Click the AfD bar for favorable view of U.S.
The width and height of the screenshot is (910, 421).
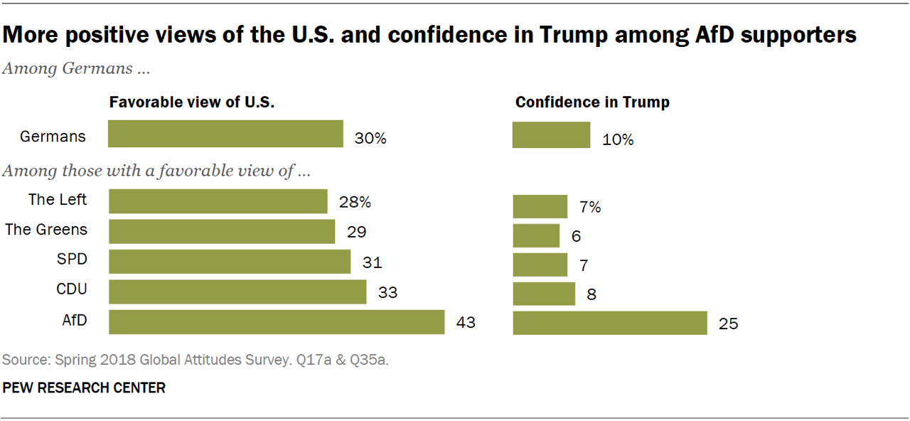pos(277,322)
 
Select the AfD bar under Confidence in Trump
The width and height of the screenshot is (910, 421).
pos(610,322)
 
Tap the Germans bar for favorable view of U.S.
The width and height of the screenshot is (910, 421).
pos(225,134)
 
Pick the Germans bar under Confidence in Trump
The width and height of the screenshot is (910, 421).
pos(551,134)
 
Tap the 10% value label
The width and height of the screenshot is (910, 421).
pos(617,139)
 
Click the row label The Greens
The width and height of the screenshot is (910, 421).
pos(46,229)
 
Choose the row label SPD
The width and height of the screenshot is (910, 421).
pos(72,260)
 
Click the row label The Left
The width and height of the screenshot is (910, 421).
pos(58,199)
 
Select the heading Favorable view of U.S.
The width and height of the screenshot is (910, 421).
pos(192,102)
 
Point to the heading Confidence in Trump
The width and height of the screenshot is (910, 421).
pos(592,102)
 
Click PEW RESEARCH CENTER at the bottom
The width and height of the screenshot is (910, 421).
pos(84,388)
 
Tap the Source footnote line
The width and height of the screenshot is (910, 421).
pos(196,361)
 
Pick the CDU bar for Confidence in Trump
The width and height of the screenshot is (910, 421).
pos(544,292)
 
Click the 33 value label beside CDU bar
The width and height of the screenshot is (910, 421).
pos(387,292)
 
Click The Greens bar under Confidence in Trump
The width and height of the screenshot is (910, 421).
pos(536,235)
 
